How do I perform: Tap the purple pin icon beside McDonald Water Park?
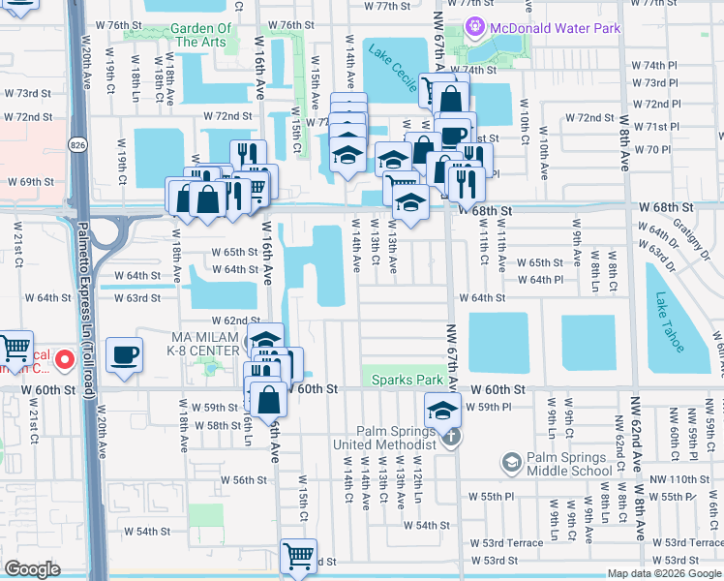474,28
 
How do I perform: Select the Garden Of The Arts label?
201,35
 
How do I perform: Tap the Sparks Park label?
405,381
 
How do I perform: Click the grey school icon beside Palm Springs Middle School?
509,463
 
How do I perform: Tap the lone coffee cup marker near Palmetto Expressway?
124,354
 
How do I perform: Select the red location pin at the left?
65,361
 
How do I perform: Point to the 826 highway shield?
76,144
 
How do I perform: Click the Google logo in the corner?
32,569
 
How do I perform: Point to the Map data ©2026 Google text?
663,573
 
